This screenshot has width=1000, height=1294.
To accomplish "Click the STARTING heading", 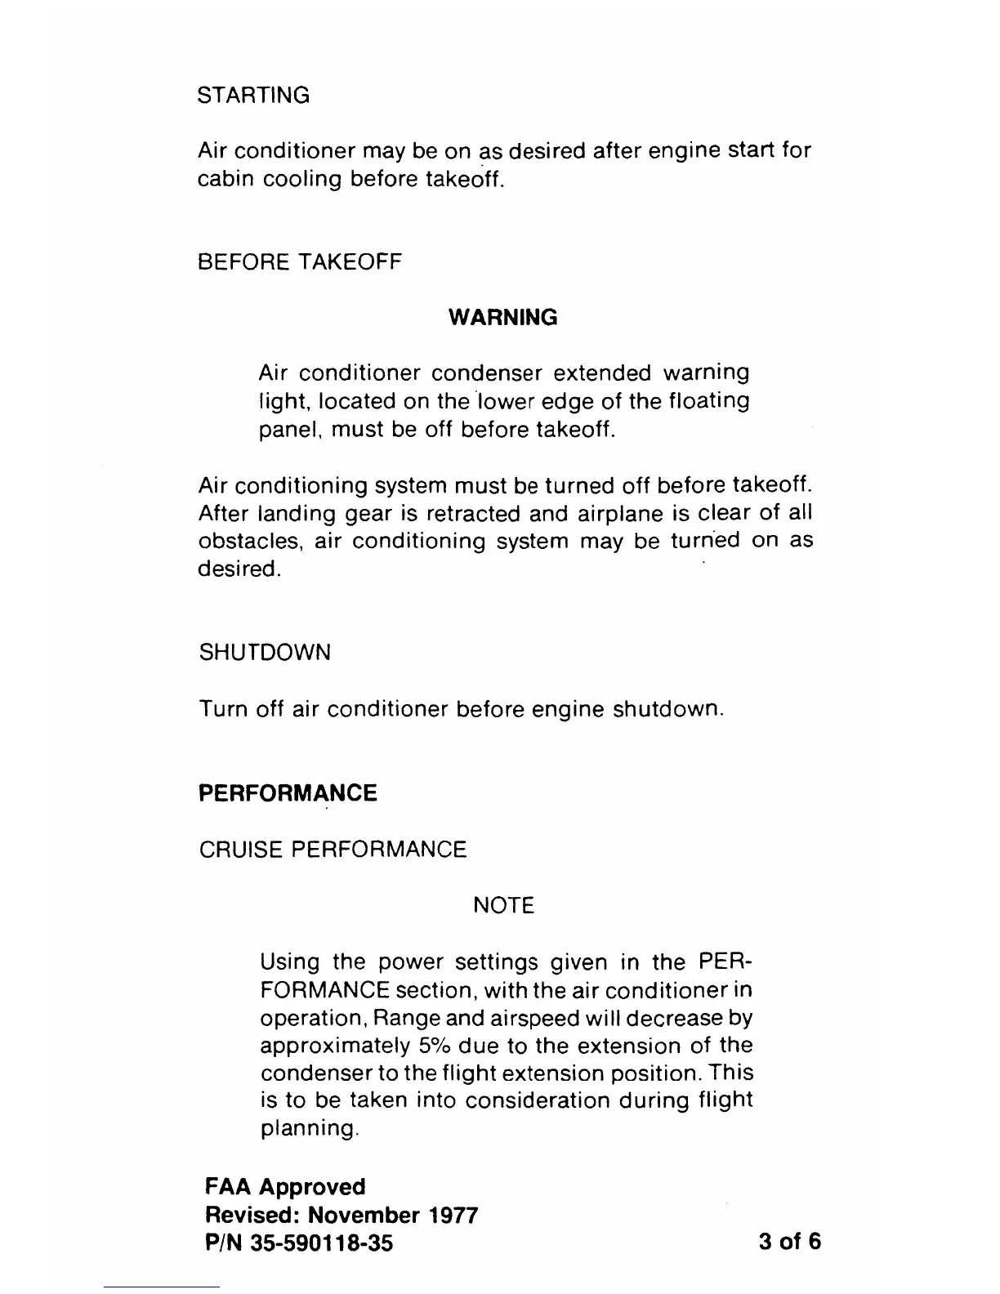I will tap(254, 96).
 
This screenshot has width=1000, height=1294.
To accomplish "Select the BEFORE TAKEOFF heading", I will tap(300, 262).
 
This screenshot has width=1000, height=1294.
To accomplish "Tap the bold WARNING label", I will tap(503, 318).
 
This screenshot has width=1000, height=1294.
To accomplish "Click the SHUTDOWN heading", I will tap(265, 653).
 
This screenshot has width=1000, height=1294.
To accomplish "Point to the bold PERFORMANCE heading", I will tap(288, 793).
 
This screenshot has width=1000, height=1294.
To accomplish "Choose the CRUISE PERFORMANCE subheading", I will tap(333, 850).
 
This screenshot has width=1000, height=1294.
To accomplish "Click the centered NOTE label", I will tap(503, 905).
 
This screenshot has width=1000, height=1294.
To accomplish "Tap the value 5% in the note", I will tap(432, 1046).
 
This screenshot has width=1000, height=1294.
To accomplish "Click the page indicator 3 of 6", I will tap(789, 1242).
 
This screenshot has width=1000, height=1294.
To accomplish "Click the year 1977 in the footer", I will tap(452, 1215).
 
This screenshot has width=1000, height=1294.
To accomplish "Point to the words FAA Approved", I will tap(285, 1186).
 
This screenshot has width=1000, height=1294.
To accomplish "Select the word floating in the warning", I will tap(709, 402).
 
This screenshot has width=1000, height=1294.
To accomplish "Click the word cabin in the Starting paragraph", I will tap(225, 180).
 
